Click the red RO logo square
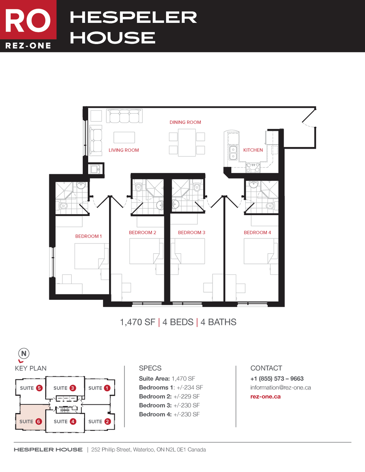coord(28,20)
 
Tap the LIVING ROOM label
coord(124,150)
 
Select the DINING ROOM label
coord(185,122)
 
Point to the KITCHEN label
coord(253,150)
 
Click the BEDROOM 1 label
coord(89,236)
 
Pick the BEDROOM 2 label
coord(143,232)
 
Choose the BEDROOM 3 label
coord(192,232)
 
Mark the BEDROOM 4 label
coord(258,232)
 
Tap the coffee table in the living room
coord(124,137)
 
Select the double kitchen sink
coord(233,153)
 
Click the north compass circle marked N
coord(24,354)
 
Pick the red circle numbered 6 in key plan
coord(39,421)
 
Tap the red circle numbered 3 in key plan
coord(73,388)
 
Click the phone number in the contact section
coord(277,379)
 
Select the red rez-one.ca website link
coord(265,396)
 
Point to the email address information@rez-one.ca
coord(280,387)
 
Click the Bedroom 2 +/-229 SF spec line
coord(169,396)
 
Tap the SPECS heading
coord(150,368)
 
